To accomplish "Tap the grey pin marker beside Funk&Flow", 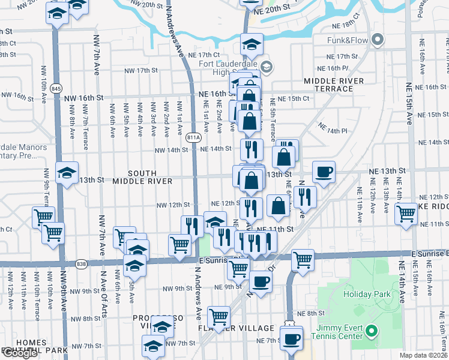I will coord(378,40).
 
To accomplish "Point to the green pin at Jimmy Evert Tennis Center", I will coord(372,331).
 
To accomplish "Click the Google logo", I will coord(20,353).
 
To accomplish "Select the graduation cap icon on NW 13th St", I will coord(67,173).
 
